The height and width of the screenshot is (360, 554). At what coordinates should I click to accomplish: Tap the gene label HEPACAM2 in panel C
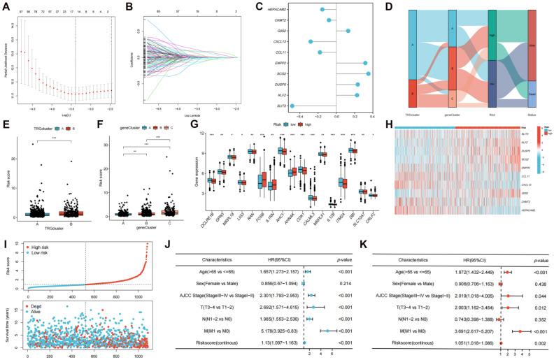276,9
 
